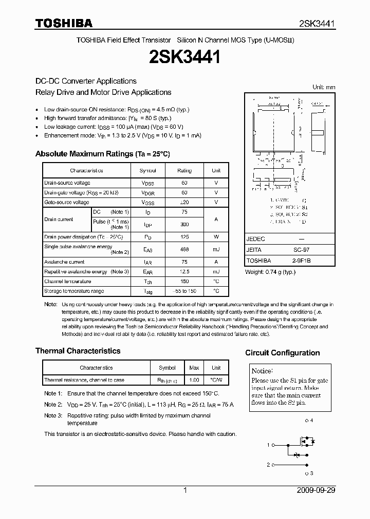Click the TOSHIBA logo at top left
(x=63, y=24)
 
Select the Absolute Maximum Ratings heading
(x=102, y=154)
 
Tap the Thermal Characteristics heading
(x=78, y=351)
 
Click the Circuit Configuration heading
(x=282, y=353)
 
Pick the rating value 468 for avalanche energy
(x=184, y=249)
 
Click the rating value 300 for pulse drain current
(x=184, y=224)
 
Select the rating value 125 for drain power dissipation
(x=184, y=237)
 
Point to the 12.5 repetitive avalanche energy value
(x=184, y=272)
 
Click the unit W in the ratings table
(x=216, y=237)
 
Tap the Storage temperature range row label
(x=74, y=291)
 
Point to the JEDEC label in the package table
(x=256, y=239)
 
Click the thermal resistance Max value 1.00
(x=194, y=380)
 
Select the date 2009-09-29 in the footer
(x=316, y=490)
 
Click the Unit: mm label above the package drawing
(x=324, y=87)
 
